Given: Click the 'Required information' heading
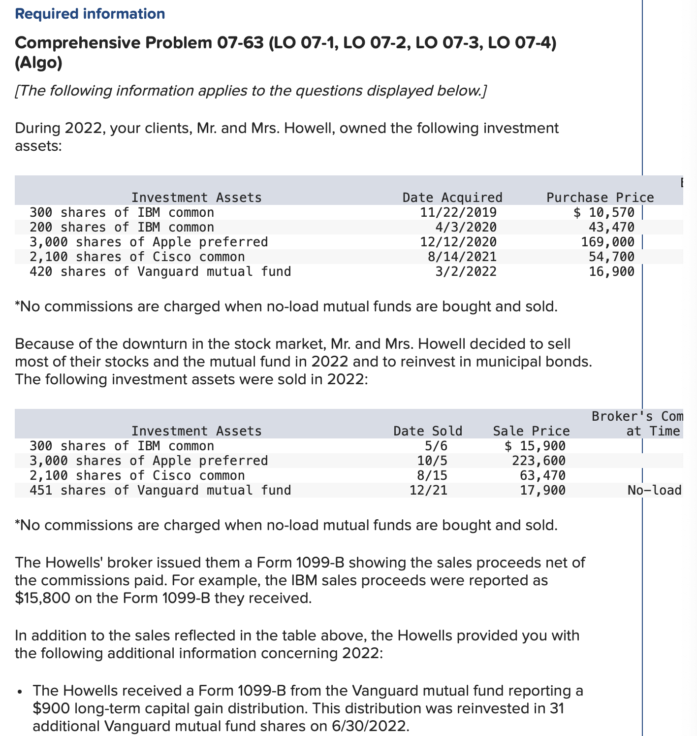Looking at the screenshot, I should [x=90, y=14].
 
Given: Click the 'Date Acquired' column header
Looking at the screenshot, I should [x=452, y=198].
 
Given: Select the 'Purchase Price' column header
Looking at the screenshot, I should [x=600, y=198].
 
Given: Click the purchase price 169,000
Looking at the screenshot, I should [x=608, y=242].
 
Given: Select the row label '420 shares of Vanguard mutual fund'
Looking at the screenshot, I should [x=160, y=271].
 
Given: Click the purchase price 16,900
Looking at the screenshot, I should [x=611, y=271].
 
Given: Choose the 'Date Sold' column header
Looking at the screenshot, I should [x=428, y=431].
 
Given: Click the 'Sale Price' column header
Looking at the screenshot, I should [x=531, y=431].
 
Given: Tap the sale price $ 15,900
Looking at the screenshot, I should [x=535, y=446].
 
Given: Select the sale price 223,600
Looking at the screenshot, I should [x=539, y=461].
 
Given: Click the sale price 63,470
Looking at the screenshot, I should [x=542, y=475].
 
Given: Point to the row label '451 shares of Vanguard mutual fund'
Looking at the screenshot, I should [x=160, y=490].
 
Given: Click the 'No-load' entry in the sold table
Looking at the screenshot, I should [x=654, y=490].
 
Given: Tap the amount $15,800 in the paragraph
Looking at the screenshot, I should [x=38, y=598].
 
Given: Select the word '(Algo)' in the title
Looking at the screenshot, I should [x=38, y=63].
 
